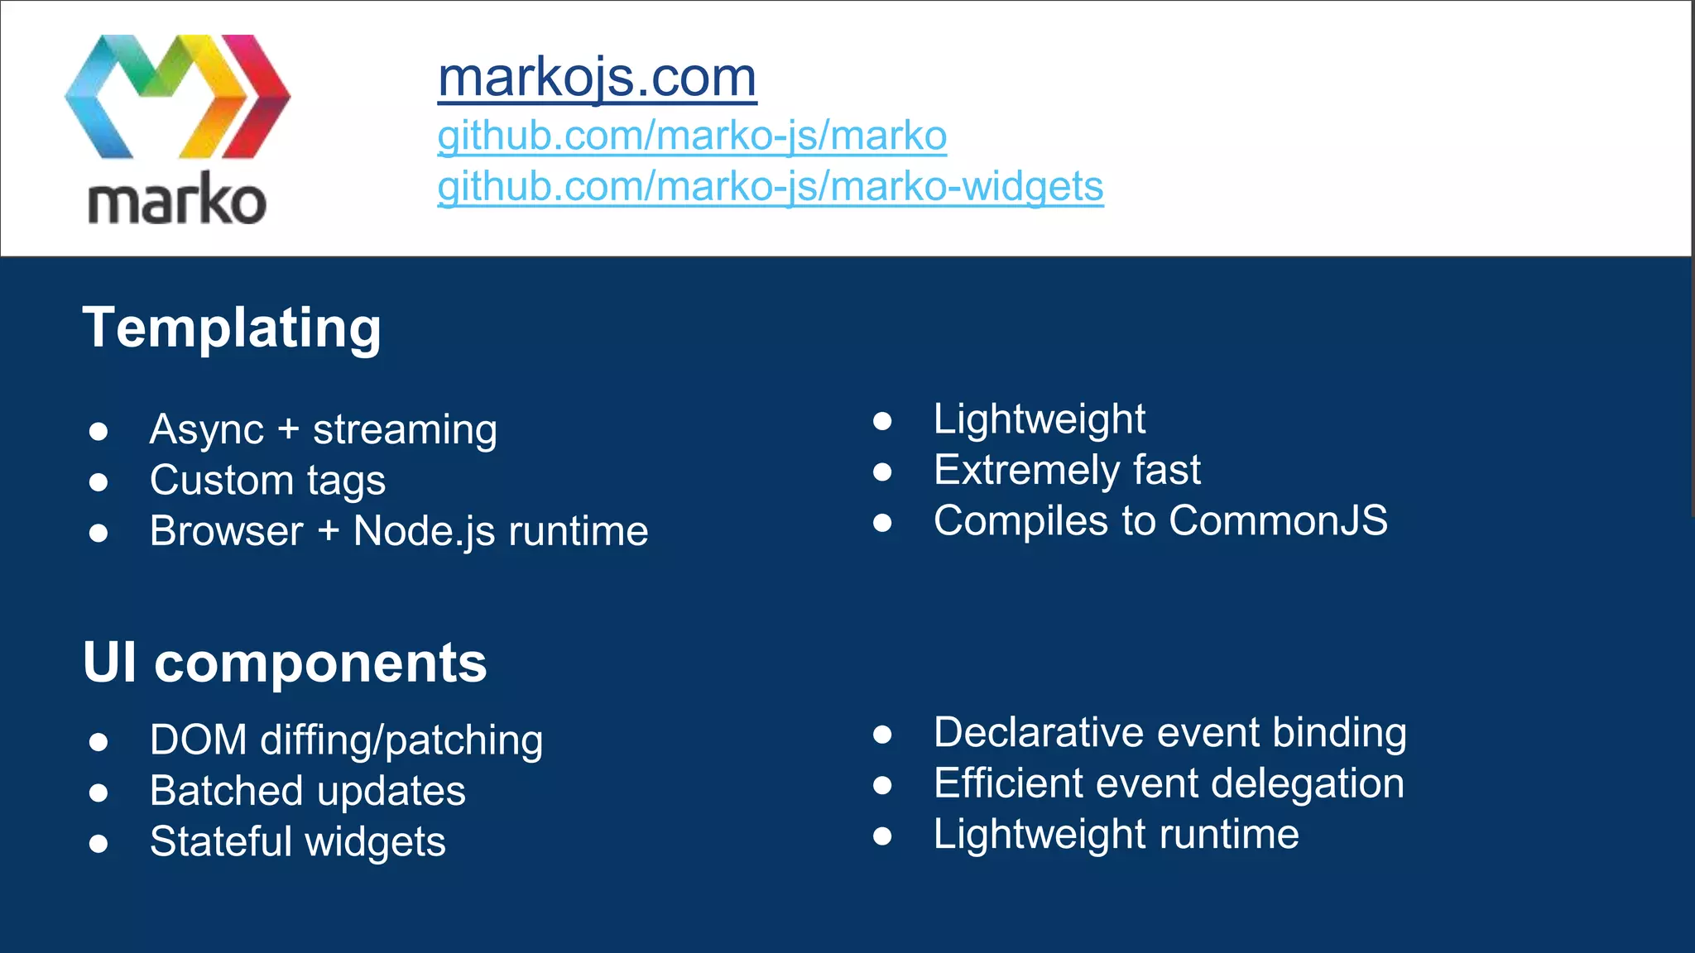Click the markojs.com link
pyautogui.click(x=597, y=78)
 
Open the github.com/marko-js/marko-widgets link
pyautogui.click(x=770, y=186)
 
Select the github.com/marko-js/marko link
pyautogui.click(x=692, y=136)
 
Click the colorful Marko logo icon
pyautogui.click(x=177, y=97)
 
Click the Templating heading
pyautogui.click(x=232, y=328)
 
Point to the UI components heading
pyautogui.click(x=285, y=663)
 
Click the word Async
pyautogui.click(x=207, y=430)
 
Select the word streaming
pyautogui.click(x=405, y=430)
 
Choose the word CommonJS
pyautogui.click(x=1278, y=521)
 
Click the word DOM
pyautogui.click(x=199, y=740)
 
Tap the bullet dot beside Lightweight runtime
pyautogui.click(x=882, y=836)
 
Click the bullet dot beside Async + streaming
pyautogui.click(x=98, y=431)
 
